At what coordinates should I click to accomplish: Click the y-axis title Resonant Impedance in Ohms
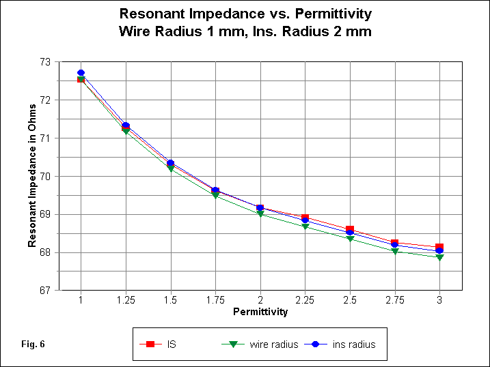pos(31,176)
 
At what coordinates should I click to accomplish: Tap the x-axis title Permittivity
pos(260,312)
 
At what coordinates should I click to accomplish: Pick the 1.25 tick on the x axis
pos(126,300)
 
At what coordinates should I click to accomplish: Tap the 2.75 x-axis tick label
pos(394,300)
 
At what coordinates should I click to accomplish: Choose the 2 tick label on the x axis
pos(260,300)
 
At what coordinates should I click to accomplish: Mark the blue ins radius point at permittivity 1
pos(81,73)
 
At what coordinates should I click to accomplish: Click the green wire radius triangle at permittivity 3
pos(439,258)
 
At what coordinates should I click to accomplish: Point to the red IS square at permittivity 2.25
pos(305,218)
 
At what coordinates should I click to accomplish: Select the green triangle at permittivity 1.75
pos(215,196)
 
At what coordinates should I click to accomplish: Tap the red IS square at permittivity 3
pos(439,247)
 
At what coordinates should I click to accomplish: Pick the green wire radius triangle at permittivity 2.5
pos(350,239)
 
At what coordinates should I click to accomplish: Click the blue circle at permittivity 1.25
pos(126,126)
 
